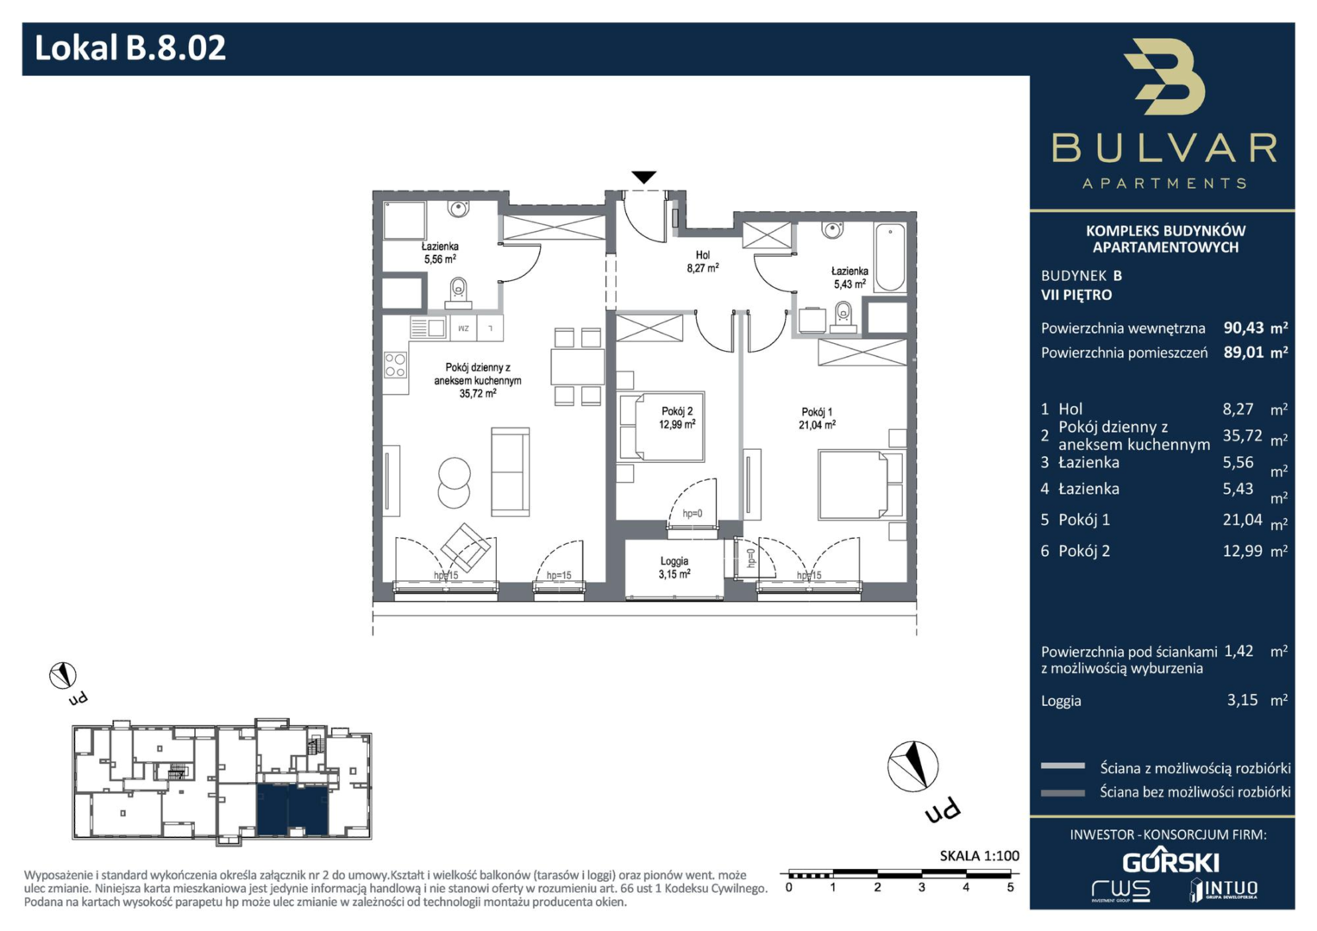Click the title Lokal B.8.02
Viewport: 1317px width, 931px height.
point(130,48)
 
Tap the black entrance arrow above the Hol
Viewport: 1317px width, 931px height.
point(643,177)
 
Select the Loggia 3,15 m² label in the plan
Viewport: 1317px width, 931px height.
point(674,568)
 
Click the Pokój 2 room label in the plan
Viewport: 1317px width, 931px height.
point(677,417)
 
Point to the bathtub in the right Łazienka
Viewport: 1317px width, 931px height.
point(890,257)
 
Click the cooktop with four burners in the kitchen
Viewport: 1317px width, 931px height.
point(395,365)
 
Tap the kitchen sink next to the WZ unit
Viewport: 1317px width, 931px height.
point(428,328)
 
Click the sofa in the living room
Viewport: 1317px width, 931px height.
point(510,472)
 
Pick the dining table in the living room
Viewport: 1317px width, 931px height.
point(577,366)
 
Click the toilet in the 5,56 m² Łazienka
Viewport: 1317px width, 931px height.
point(458,293)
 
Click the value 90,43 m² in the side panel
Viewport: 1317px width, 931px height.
point(1255,328)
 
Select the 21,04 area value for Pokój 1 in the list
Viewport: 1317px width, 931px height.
point(1242,519)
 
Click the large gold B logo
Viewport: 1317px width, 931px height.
point(1164,77)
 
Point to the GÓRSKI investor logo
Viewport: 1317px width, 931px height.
point(1170,862)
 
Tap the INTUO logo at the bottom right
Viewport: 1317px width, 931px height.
point(1224,890)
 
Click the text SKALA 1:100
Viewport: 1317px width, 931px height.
point(980,856)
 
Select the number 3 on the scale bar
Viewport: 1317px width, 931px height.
point(921,888)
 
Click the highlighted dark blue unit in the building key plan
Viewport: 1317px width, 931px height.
point(292,810)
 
